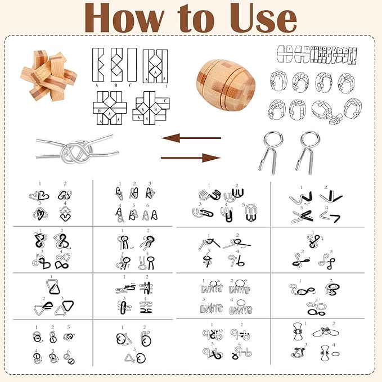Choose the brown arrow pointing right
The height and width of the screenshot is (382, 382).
click(x=191, y=158)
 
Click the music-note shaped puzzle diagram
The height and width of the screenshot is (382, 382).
click(x=39, y=260)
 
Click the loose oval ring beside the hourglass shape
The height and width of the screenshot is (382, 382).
click(x=334, y=354)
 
